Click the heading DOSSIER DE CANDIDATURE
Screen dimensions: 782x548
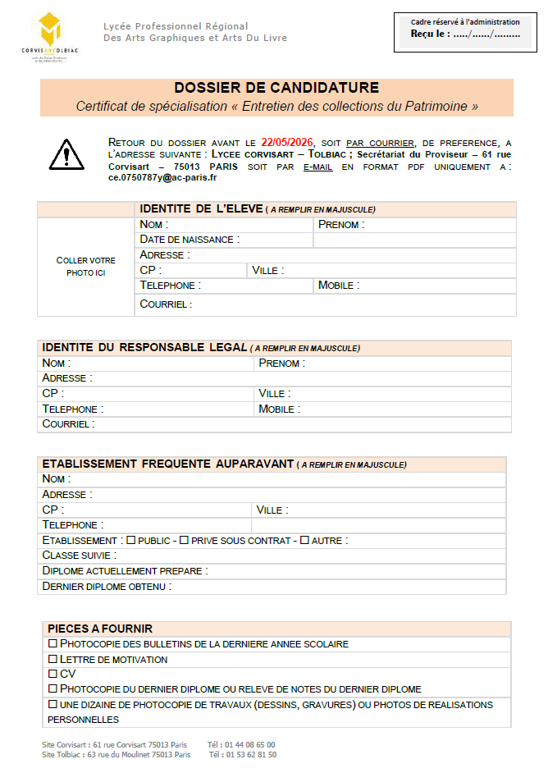tap(276, 88)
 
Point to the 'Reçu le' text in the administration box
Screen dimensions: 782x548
tap(429, 34)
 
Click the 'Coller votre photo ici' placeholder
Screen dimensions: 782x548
tap(85, 266)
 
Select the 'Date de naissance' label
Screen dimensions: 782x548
tap(190, 240)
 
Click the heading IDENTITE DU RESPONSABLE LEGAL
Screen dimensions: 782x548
tap(144, 347)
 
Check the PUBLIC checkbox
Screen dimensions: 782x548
tap(130, 540)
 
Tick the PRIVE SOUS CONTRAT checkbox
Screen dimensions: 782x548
tap(184, 540)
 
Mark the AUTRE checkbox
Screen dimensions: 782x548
tap(304, 540)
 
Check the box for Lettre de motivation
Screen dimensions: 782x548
tap(53, 659)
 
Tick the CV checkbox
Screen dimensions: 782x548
tap(53, 674)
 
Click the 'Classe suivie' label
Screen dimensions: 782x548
tap(79, 556)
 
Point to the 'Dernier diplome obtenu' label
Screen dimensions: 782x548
tap(107, 587)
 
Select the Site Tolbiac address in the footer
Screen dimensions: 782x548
tap(116, 754)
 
